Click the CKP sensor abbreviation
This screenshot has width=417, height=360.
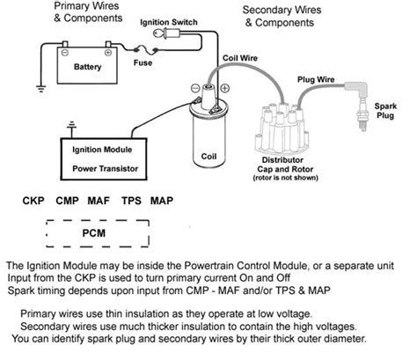(x=34, y=202)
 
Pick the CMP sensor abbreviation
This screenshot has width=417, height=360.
(x=68, y=202)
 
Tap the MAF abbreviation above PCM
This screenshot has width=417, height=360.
(x=99, y=202)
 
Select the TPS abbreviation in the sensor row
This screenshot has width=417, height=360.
(x=131, y=202)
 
